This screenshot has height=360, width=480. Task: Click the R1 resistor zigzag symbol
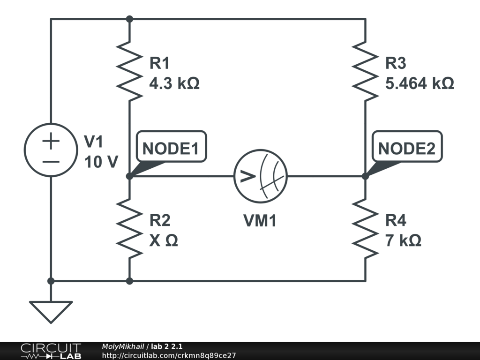point(129,70)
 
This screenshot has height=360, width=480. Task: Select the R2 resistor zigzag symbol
point(129,228)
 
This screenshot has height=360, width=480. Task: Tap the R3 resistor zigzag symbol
point(365,70)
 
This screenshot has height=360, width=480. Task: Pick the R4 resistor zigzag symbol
point(365,228)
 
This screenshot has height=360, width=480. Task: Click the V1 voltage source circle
point(51,150)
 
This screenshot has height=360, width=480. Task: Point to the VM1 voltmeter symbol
point(260,177)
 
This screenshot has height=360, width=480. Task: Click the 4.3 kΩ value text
point(174,83)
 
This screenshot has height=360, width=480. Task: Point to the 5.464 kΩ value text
point(419,83)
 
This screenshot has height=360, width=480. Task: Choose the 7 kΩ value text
point(403,241)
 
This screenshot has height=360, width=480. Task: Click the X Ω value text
point(163,241)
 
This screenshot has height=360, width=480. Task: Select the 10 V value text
point(101,162)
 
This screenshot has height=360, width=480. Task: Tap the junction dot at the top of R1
point(129,19)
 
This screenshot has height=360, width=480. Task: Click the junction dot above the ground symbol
point(51,281)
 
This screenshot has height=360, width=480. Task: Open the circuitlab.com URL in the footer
point(169,355)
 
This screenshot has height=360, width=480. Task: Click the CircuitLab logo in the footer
point(51,351)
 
